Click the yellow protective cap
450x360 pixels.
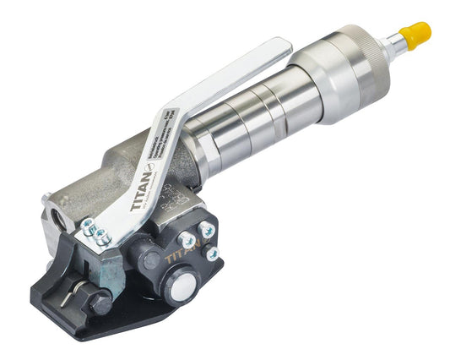(415, 33)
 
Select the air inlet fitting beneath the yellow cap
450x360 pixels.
(390, 46)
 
